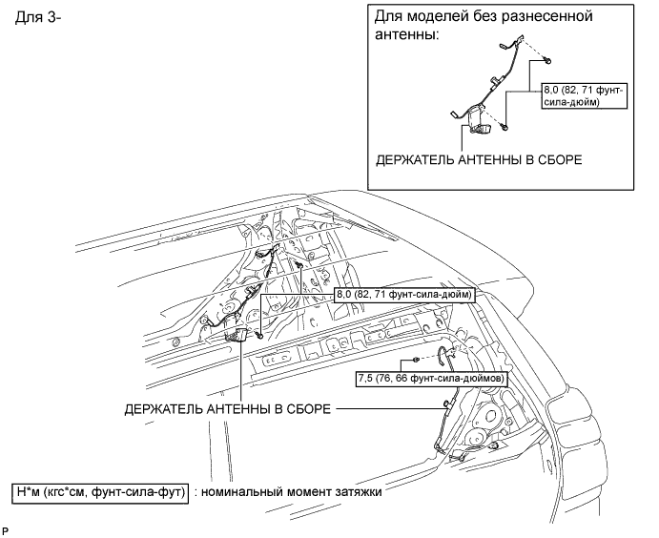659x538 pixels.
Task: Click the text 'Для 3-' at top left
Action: [x=39, y=19]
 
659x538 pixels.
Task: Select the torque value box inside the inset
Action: [x=583, y=95]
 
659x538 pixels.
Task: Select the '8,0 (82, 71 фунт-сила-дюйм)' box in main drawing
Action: [x=404, y=296]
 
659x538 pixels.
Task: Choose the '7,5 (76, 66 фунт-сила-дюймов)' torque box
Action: [x=430, y=378]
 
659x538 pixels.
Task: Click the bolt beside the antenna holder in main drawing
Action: [x=260, y=333]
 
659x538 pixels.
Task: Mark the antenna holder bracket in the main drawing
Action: [x=239, y=333]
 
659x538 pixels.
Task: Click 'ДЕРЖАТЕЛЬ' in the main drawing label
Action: [x=163, y=409]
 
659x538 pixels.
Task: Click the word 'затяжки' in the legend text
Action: [x=359, y=492]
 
